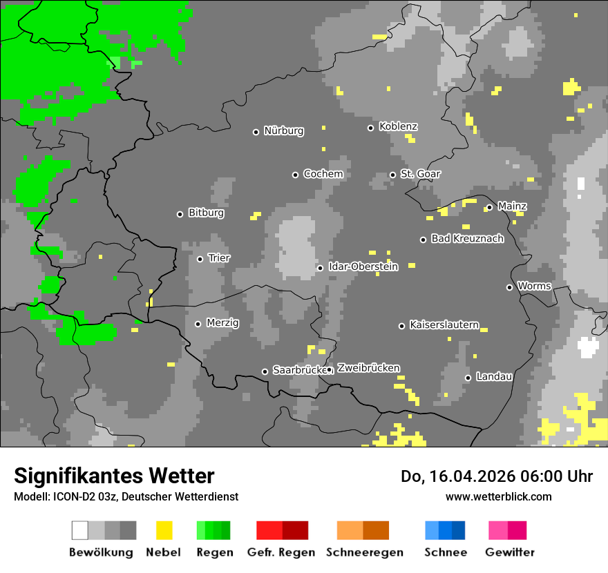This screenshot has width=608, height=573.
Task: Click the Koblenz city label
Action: click(x=398, y=127)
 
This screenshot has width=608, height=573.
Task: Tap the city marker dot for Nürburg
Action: click(x=256, y=132)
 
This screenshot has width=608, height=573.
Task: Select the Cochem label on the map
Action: click(x=323, y=174)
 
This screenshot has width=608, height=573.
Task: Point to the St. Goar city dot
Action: click(x=392, y=175)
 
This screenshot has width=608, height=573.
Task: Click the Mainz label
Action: click(x=512, y=206)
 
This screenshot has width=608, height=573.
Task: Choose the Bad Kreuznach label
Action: click(x=467, y=239)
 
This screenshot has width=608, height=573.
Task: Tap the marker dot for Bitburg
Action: click(x=180, y=214)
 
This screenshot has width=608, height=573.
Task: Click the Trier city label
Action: click(x=219, y=258)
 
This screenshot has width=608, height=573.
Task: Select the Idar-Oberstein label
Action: click(x=363, y=267)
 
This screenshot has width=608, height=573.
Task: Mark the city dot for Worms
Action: click(x=509, y=287)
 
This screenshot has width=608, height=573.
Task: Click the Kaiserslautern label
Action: click(x=444, y=325)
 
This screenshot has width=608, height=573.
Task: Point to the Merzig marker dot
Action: click(x=198, y=324)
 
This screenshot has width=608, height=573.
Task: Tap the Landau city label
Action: click(x=494, y=377)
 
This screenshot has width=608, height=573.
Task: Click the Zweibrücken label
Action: click(x=368, y=369)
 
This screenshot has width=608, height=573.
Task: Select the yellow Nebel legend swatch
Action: click(x=164, y=530)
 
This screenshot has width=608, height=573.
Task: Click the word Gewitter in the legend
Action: click(x=509, y=552)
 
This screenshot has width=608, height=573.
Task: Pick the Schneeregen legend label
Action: click(x=363, y=552)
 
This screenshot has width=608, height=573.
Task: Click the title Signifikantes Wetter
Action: click(x=114, y=476)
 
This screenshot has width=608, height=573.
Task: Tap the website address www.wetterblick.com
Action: click(x=498, y=496)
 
